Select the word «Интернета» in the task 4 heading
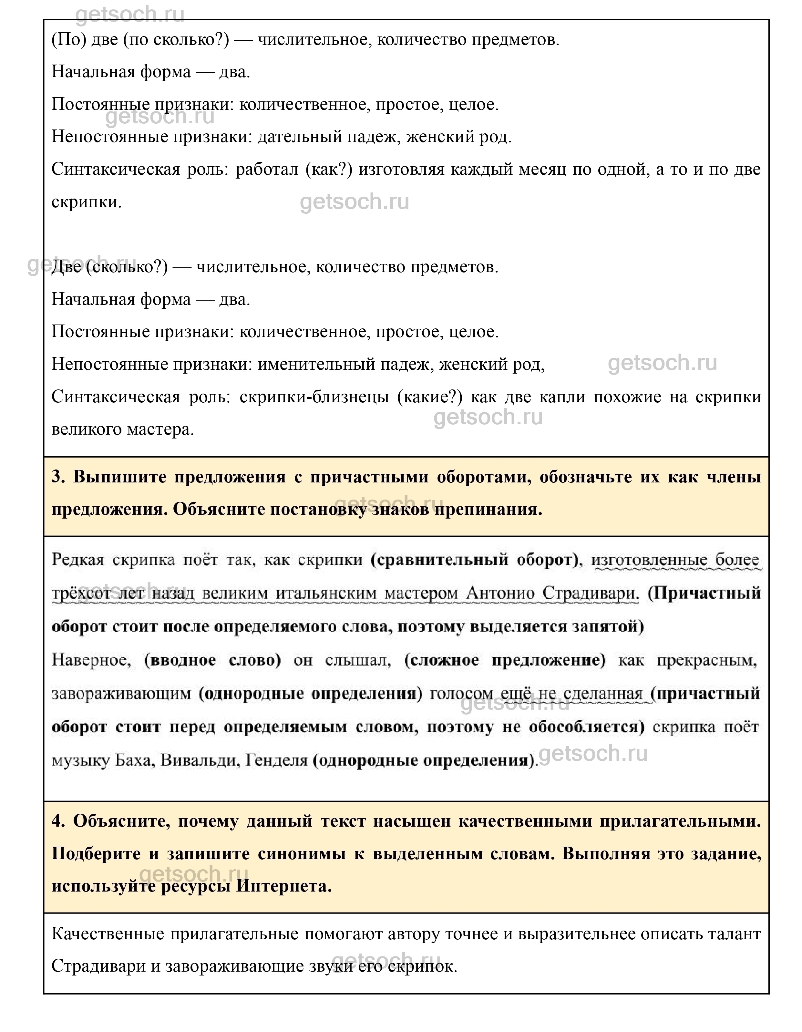(283, 886)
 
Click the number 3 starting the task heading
(58, 477)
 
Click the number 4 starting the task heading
(58, 821)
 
